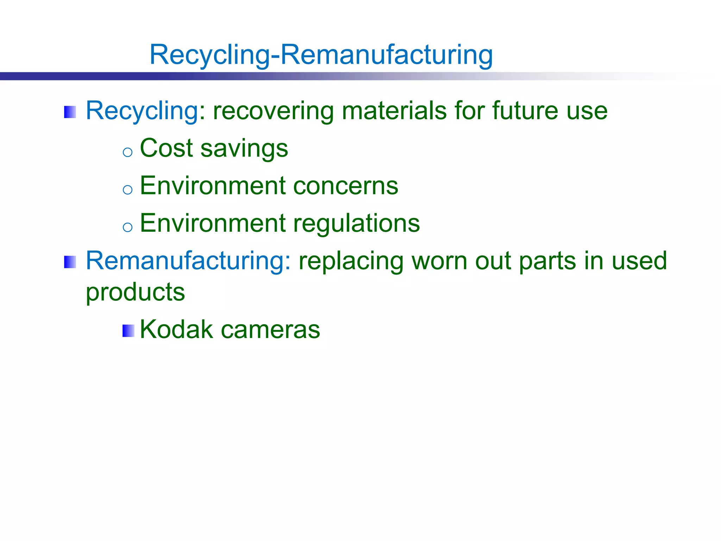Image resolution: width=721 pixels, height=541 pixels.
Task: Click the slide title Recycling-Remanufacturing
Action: tap(321, 55)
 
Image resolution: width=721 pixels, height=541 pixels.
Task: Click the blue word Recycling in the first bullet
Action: tap(143, 111)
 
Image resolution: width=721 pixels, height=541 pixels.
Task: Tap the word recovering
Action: tap(273, 111)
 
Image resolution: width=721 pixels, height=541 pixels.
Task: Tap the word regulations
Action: tap(356, 224)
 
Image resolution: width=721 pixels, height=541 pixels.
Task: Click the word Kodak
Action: tap(176, 329)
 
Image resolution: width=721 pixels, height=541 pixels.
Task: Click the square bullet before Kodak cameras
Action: tap(128, 331)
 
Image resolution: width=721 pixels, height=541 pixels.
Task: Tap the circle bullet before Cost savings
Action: tap(127, 152)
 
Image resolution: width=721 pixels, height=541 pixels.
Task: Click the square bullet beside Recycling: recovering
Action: tap(70, 112)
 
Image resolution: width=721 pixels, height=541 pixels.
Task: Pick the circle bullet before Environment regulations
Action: tap(127, 227)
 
